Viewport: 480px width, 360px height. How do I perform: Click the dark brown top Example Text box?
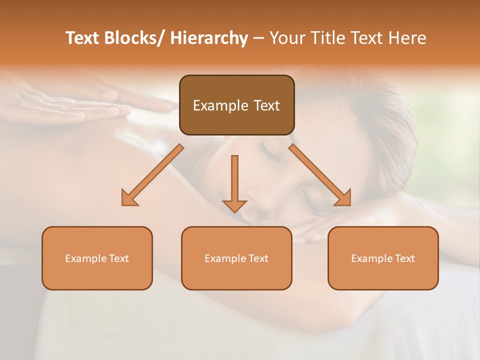pyautogui.click(x=236, y=105)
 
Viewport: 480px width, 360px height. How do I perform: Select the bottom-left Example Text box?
pyautogui.click(x=97, y=258)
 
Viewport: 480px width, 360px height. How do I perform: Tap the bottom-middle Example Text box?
pyautogui.click(x=236, y=258)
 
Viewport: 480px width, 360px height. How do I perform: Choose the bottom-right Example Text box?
pyautogui.click(x=383, y=258)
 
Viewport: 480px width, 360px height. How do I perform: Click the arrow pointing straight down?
pyautogui.click(x=234, y=182)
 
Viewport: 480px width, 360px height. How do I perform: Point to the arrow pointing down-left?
pyautogui.click(x=152, y=175)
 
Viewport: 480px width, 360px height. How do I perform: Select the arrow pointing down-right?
pyautogui.click(x=320, y=175)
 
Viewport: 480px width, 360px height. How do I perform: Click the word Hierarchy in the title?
pyautogui.click(x=209, y=38)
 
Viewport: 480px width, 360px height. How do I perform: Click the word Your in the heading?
pyautogui.click(x=286, y=38)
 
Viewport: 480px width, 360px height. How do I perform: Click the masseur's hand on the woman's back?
pyautogui.click(x=85, y=105)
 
